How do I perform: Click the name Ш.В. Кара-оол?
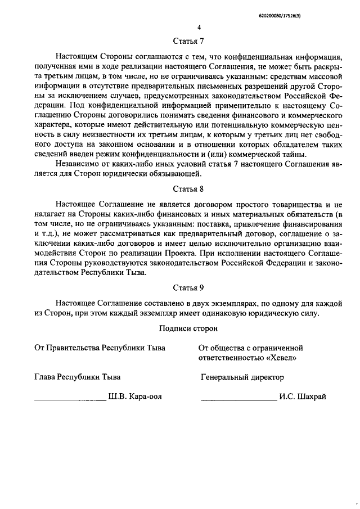tap(135, 397)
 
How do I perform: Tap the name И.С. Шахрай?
tap(302, 397)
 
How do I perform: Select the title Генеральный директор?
tap(242, 377)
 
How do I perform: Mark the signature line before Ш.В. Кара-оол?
tap(70, 399)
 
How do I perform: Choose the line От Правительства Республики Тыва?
tap(100, 348)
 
